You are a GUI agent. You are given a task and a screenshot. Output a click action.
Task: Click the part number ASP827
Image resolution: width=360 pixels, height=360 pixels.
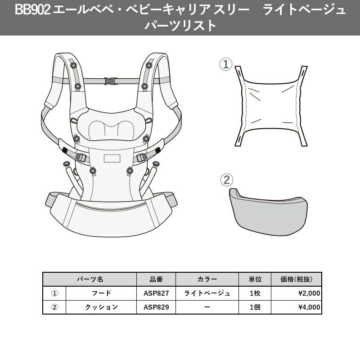pos(156,293)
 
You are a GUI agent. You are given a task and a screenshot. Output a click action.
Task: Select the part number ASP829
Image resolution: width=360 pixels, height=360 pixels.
pos(156,307)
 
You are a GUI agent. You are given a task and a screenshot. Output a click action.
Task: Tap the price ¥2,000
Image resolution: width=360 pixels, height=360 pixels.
pos(309,293)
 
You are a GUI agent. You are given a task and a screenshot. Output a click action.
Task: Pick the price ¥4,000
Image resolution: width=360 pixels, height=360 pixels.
pos(309,307)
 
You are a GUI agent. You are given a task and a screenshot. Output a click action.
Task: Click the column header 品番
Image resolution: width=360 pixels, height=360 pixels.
pos(156,279)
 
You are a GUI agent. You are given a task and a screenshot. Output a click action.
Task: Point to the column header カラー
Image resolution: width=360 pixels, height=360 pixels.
pos(207,279)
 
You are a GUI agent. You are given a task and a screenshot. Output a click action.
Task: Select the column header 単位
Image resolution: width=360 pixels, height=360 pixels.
pos(255,279)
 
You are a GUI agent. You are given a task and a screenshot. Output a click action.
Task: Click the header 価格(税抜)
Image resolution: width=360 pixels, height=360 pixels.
pos(297,279)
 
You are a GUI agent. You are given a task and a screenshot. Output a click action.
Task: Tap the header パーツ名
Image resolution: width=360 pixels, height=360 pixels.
pos(90,279)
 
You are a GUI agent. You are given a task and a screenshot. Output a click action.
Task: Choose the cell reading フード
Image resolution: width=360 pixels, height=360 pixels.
pos(101,293)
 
